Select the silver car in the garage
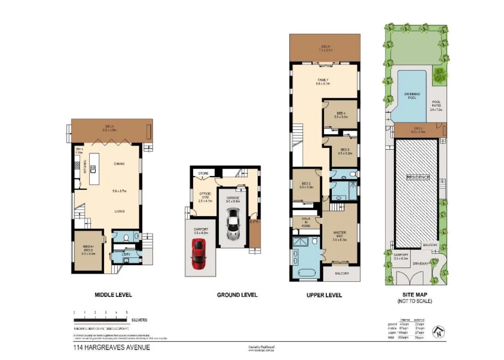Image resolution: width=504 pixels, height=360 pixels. tap(233, 224)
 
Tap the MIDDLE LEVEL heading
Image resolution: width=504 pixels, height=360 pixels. tap(113, 295)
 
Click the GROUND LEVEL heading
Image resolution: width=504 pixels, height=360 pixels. tap(237, 295)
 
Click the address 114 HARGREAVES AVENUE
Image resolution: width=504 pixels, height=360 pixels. tap(112, 348)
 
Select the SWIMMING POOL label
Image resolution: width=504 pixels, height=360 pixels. tap(412, 96)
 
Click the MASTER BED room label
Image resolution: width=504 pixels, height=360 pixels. tap(339, 234)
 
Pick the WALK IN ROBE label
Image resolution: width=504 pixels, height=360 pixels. tap(306, 222)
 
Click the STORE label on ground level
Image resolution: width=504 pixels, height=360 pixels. tap(202, 174)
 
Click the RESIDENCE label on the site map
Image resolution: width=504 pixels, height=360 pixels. tap(418, 177)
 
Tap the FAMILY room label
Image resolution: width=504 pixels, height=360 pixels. tap(322, 80)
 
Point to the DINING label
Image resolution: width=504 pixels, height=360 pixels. tap(119, 164)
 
